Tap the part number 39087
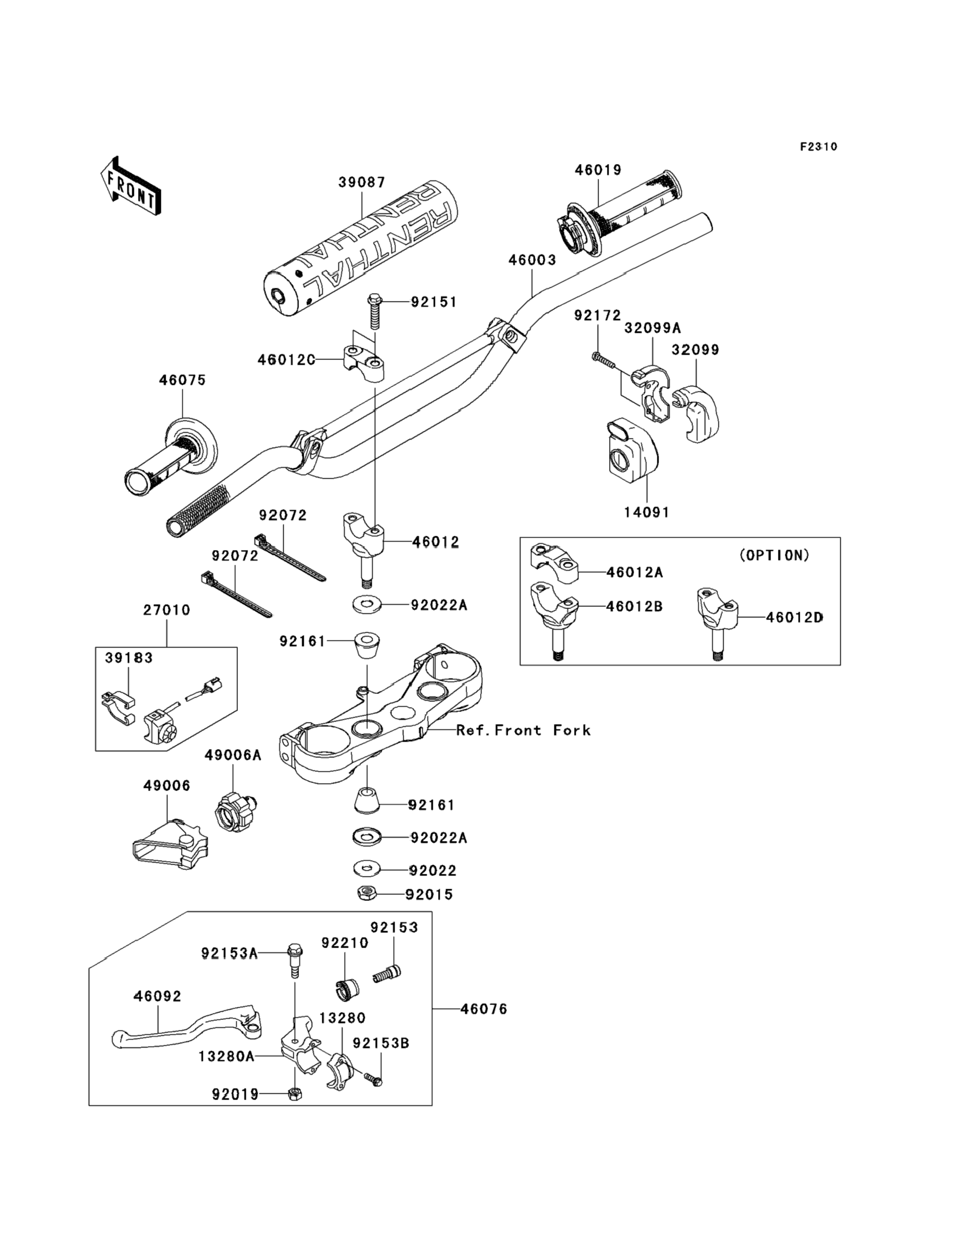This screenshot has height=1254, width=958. coord(362,183)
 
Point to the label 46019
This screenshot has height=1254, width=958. coord(597,170)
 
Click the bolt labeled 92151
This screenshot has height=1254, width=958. coord(374,312)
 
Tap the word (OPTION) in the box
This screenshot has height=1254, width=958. coord(774,555)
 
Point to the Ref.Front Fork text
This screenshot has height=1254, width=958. coord(523,730)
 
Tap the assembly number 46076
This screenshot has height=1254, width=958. coord(484,1009)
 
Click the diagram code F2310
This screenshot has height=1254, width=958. coord(818,147)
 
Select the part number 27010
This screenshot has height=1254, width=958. coord(167,610)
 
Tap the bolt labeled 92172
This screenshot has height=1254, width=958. coord(603,359)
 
